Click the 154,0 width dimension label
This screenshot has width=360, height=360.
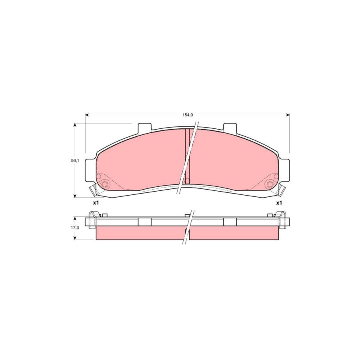pos(188,115)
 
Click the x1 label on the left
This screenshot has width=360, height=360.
pos(96,203)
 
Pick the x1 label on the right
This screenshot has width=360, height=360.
pos(279,203)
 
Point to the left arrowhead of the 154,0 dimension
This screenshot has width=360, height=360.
pos(87,115)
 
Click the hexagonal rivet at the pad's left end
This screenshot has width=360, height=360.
pos(105,184)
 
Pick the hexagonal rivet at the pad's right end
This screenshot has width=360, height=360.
pos(270,184)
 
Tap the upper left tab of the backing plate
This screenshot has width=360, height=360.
pos(144,127)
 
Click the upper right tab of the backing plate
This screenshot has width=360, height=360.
pos(229,127)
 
